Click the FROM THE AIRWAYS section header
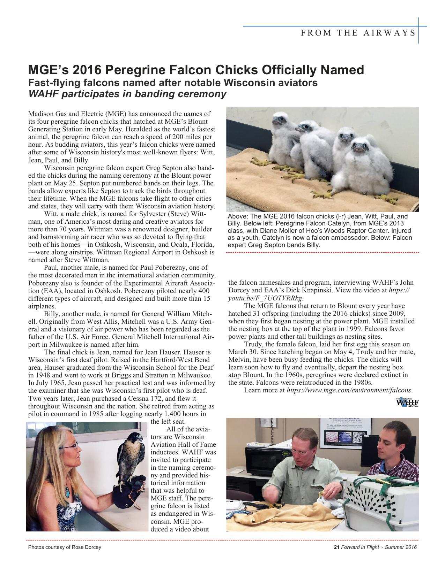pyautogui.click(x=358, y=33)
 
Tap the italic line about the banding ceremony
pyautogui.click(x=127, y=94)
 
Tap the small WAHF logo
pyautogui.click(x=407, y=402)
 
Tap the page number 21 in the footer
pyautogui.click(x=337, y=547)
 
